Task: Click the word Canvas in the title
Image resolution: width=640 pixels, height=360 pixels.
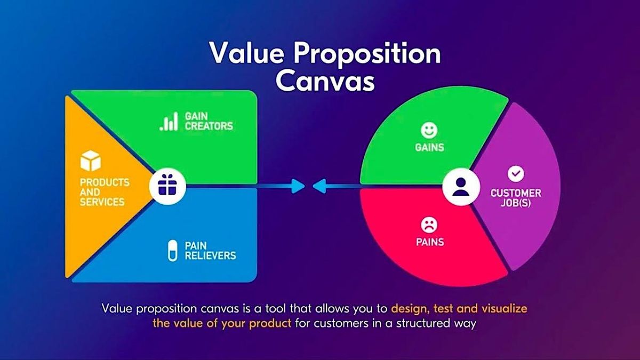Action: click(x=325, y=81)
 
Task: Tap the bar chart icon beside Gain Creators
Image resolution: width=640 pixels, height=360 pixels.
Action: click(x=169, y=122)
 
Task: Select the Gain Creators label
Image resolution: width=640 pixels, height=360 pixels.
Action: click(x=209, y=121)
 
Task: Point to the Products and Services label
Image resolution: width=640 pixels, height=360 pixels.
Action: click(x=105, y=192)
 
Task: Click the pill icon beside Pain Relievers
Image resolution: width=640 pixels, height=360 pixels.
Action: click(x=172, y=251)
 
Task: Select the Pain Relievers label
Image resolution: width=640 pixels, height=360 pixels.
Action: click(x=210, y=251)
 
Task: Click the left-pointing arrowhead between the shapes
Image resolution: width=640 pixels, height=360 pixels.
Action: click(x=319, y=186)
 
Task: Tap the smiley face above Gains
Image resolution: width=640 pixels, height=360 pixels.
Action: click(x=429, y=130)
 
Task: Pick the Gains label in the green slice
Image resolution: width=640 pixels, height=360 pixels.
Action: click(x=429, y=147)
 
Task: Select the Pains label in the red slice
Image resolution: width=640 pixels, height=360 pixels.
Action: click(x=429, y=242)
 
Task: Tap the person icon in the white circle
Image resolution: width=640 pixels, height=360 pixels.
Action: click(x=459, y=187)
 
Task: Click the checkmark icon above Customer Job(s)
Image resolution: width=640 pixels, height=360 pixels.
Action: click(x=515, y=173)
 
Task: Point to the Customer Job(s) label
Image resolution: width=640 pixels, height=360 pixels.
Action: click(x=515, y=198)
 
